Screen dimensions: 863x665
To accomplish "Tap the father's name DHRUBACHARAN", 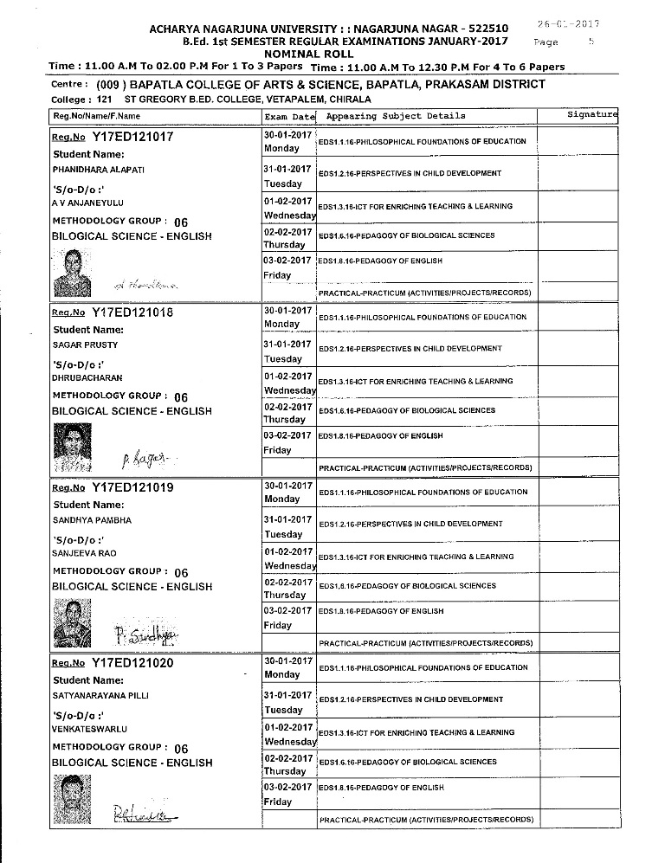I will pyautogui.click(x=87, y=378).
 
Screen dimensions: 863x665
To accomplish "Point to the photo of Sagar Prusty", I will pyautogui.click(x=73, y=445).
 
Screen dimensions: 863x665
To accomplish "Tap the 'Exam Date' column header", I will pyautogui.click(x=290, y=116).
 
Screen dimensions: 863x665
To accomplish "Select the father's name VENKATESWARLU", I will pyautogui.click(x=87, y=729).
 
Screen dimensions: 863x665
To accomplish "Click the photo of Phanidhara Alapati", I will pyautogui.click(x=73, y=272).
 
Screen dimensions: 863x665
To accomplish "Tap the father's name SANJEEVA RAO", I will pyautogui.click(x=84, y=553).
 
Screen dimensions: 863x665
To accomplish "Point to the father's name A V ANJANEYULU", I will pyautogui.click(x=88, y=203).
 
